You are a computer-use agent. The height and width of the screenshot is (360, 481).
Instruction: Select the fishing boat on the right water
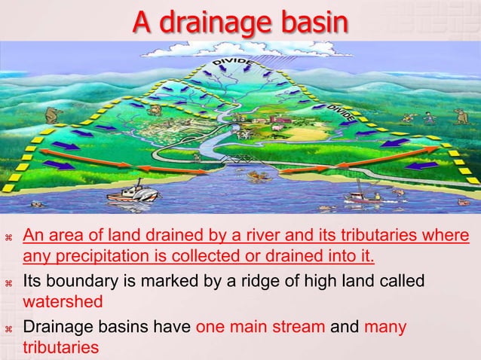pos(363,197)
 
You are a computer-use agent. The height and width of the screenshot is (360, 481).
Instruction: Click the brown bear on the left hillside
pos(51,115)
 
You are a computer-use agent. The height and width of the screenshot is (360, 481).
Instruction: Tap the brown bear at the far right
pos(459,115)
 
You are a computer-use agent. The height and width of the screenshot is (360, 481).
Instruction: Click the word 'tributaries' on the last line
pos(60,348)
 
